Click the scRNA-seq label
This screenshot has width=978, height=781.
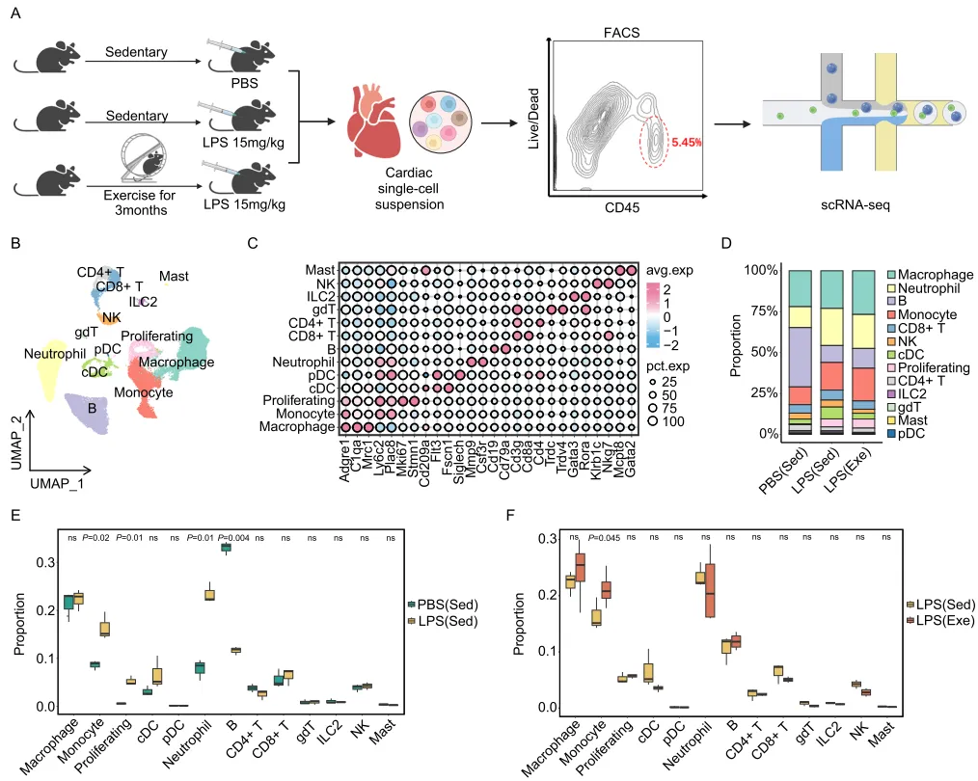tap(861, 204)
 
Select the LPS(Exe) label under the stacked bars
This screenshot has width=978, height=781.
tap(857, 472)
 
